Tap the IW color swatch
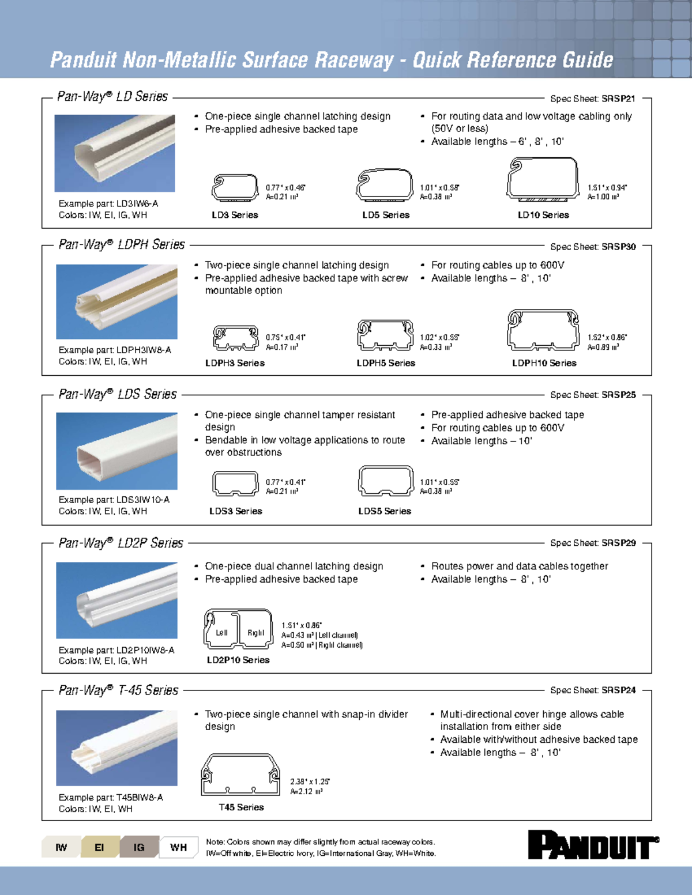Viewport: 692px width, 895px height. pos(61,847)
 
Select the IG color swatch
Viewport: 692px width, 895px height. pos(139,847)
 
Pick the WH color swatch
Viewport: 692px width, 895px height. pos(178,847)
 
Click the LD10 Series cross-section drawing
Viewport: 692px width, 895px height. pos(543,179)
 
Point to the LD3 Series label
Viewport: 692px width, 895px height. pos(235,215)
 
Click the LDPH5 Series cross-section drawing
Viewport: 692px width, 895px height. pos(385,336)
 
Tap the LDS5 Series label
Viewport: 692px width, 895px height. pos(385,511)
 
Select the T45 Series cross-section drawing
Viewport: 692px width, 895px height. pos(240,775)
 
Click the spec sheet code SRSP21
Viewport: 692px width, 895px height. pos(618,99)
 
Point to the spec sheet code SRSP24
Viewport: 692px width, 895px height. pos(618,690)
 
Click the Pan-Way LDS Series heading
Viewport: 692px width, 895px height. pos(118,394)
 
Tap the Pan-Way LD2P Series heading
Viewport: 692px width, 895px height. pos(121,543)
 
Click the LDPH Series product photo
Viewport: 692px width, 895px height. pos(116,301)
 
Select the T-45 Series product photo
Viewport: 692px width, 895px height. pos(116,747)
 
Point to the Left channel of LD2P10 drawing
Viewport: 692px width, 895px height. pos(220,632)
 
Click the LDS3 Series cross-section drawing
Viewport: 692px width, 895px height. pos(235,484)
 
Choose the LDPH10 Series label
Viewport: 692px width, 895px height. pos(544,363)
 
